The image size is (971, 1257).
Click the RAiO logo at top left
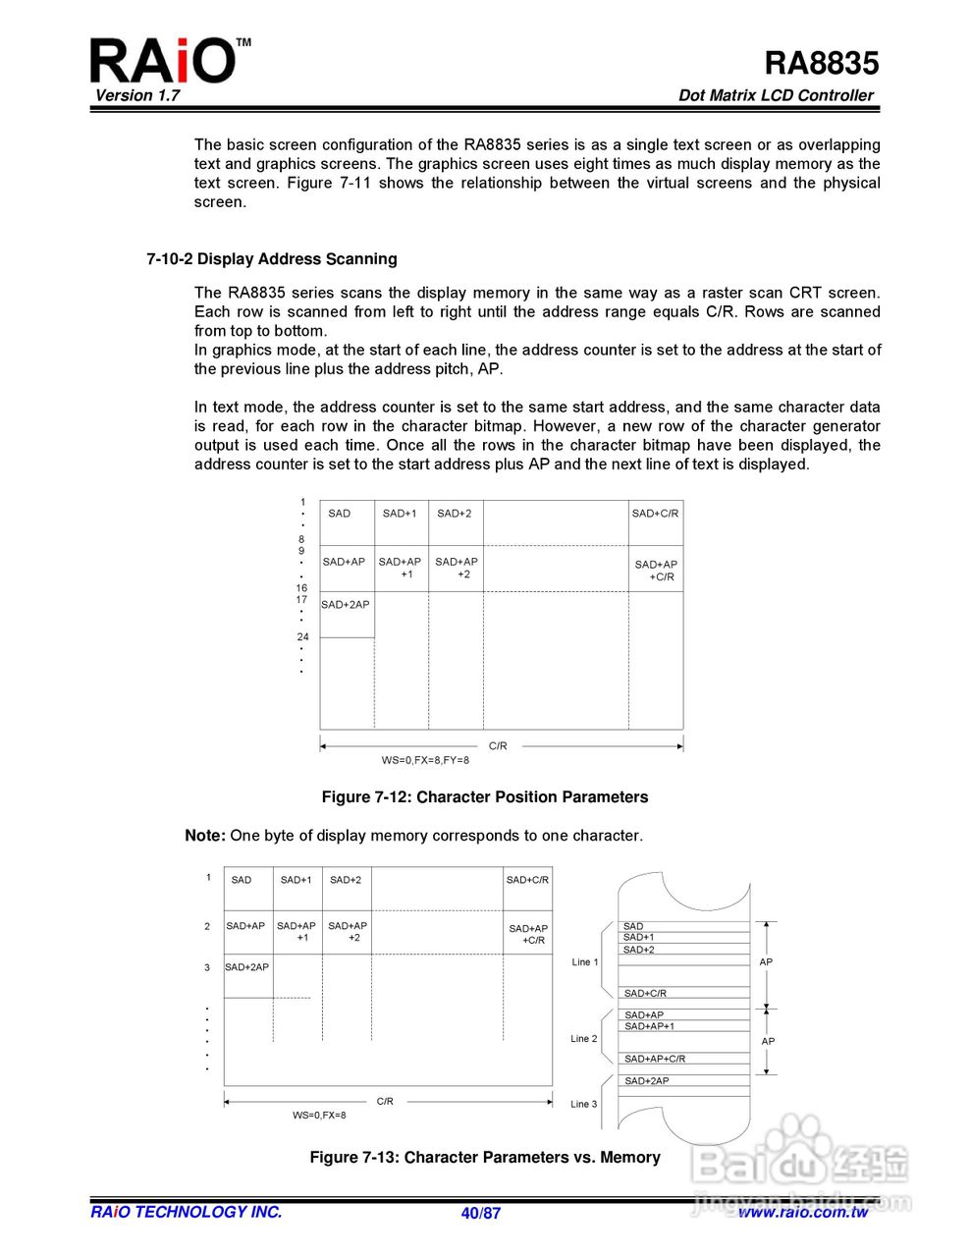click(163, 61)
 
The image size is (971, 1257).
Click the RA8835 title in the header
click(821, 63)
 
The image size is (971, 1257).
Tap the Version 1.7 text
click(137, 95)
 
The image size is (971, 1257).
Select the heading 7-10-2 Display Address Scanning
click(272, 259)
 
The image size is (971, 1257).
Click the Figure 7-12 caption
click(485, 797)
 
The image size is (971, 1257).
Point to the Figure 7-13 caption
click(485, 1158)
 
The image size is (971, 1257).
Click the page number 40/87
click(481, 1213)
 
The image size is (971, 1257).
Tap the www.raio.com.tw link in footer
click(803, 1212)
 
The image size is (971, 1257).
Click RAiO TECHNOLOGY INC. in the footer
click(187, 1212)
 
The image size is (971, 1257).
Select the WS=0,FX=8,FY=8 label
click(425, 760)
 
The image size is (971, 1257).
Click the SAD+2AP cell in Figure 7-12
click(346, 605)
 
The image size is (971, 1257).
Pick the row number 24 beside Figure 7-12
click(302, 637)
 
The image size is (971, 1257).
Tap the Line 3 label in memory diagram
click(584, 1105)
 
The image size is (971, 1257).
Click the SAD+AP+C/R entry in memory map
click(655, 1059)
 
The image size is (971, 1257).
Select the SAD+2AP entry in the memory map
click(647, 1081)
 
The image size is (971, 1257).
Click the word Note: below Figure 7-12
click(205, 836)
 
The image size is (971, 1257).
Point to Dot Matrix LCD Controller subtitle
click(776, 95)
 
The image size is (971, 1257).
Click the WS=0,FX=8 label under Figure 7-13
click(319, 1116)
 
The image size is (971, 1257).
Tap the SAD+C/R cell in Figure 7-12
click(655, 514)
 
